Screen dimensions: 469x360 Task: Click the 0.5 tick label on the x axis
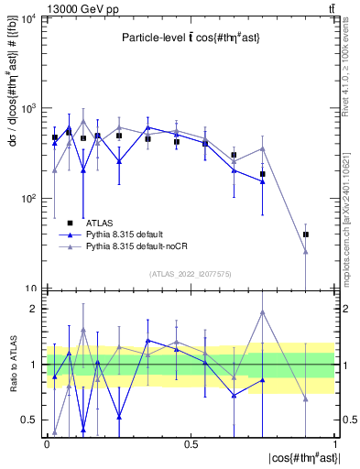(x=191, y=443)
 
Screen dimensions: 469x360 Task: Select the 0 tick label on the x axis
(x=47, y=443)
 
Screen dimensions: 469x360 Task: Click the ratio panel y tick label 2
(x=33, y=309)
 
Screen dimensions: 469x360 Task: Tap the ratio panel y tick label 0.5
(x=29, y=420)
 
